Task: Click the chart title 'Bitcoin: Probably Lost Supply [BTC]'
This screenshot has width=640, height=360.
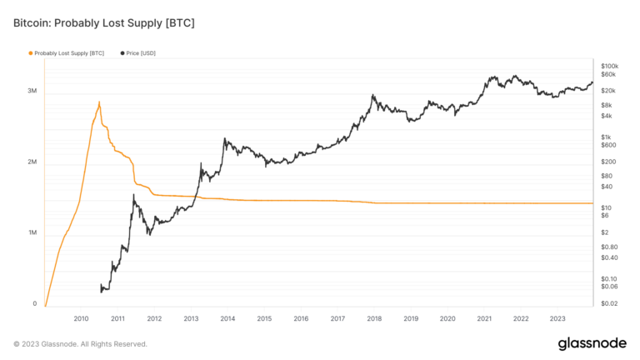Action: (103, 22)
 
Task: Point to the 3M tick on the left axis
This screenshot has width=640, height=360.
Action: (32, 91)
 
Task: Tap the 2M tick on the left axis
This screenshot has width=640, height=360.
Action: (32, 162)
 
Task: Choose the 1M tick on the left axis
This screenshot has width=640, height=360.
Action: (32, 233)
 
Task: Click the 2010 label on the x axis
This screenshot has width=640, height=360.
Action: (81, 318)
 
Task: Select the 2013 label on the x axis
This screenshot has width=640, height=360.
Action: (191, 318)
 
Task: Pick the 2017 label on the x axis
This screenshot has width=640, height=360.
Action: (337, 318)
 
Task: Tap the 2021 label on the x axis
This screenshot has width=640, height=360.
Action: (484, 318)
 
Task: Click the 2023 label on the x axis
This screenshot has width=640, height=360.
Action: (557, 318)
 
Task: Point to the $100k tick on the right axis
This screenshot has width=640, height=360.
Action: (609, 65)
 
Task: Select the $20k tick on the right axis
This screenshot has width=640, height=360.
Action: (607, 90)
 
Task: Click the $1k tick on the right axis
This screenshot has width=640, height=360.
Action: (606, 137)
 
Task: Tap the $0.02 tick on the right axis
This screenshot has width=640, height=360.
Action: (608, 304)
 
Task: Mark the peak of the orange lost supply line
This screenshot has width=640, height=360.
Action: (99, 102)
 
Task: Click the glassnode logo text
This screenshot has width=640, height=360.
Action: (592, 343)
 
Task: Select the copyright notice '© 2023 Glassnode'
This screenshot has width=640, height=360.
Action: (80, 343)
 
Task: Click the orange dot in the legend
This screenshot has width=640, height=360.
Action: (31, 52)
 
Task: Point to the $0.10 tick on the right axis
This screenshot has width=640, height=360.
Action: (608, 278)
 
